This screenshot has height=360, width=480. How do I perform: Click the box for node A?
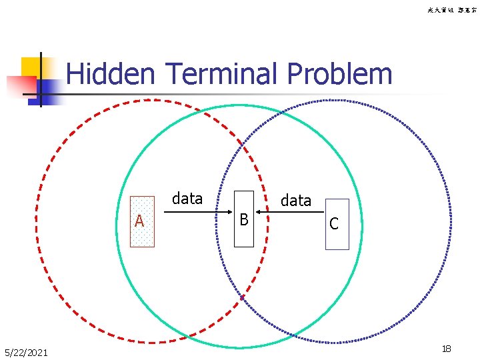coord(142,222)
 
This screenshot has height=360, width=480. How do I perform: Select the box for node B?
coord(244,219)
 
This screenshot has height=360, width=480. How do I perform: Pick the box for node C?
coord(337,225)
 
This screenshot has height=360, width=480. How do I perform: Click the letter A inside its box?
coord(139,221)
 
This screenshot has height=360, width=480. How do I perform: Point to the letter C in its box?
coord(334,225)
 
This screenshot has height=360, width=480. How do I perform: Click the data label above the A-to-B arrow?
coord(187,198)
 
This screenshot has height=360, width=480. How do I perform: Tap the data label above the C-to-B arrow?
coord(296,200)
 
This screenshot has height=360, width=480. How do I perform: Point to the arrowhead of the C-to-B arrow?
coord(260,213)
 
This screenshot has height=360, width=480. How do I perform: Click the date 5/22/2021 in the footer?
coord(26,352)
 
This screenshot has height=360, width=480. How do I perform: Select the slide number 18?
coord(447,349)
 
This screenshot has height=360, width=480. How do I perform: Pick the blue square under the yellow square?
coord(48,89)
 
